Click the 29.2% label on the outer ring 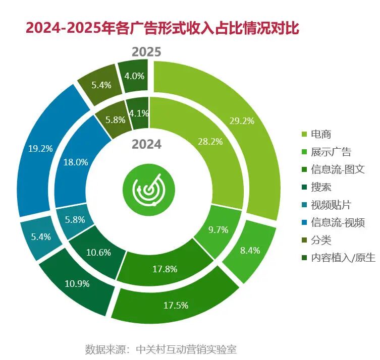coord(241,121)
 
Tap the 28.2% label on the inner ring coord(210,142)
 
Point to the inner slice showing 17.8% coord(165,269)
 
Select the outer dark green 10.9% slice coord(77,283)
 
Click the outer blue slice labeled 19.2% coord(41,149)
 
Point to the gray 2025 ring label coord(147,52)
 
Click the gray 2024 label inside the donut coord(146,144)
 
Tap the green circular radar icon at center coord(147,189)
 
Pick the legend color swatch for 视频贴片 coord(304,205)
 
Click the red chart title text coord(162,28)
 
